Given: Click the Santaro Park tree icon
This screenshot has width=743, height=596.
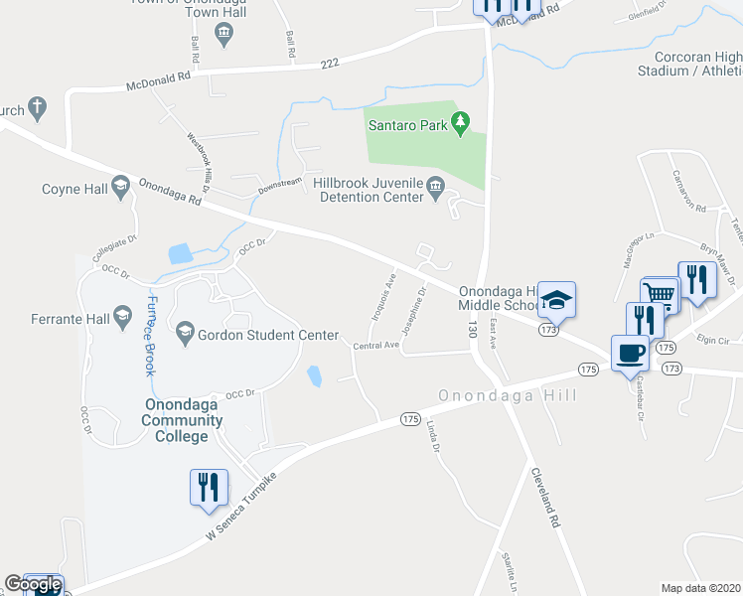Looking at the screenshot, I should pyautogui.click(x=460, y=124).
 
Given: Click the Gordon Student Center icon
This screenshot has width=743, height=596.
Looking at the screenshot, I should pyautogui.click(x=185, y=335).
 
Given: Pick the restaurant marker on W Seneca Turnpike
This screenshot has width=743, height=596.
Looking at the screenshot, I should pyautogui.click(x=209, y=488).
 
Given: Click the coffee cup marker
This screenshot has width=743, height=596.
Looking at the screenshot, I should pyautogui.click(x=630, y=353).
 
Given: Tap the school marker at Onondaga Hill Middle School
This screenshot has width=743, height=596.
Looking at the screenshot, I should pyautogui.click(x=557, y=299).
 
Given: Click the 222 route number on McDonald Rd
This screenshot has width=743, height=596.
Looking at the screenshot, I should pyautogui.click(x=331, y=64).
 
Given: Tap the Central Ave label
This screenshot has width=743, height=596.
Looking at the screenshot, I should pyautogui.click(x=375, y=346).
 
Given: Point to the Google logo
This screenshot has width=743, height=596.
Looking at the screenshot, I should pyautogui.click(x=32, y=584).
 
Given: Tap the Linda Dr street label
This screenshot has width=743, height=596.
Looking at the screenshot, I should pyautogui.click(x=433, y=436).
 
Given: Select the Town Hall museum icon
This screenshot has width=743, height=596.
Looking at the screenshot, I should pyautogui.click(x=223, y=36).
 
